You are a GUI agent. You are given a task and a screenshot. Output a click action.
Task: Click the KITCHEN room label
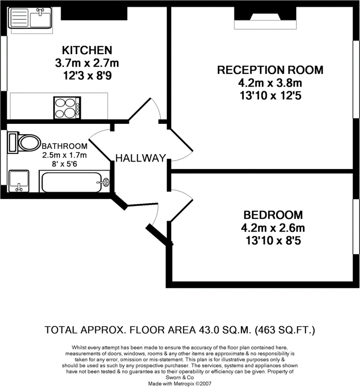coord(87,50)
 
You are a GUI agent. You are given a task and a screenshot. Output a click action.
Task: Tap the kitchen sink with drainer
coord(30,18)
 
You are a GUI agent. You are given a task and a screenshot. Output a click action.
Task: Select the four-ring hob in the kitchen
coord(67,108)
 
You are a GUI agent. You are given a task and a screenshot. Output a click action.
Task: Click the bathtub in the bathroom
coord(74,182)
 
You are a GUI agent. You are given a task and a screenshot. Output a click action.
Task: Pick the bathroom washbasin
coord(19,181)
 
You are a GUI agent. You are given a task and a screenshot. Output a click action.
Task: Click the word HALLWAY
coord(141,158)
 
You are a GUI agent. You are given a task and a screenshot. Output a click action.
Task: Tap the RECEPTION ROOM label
coord(270,70)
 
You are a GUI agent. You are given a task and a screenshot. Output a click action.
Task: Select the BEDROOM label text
coord(273,215)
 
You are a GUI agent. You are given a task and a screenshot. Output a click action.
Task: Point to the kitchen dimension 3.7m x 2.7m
coord(87,63)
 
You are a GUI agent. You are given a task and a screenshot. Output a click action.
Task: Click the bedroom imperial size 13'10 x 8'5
coord(273,240)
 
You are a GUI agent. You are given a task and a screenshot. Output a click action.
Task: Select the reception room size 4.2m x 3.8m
coord(270,83)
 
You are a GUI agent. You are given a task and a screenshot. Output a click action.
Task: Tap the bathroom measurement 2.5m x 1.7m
coord(64,155)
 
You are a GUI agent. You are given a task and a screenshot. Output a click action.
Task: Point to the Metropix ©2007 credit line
coord(180,384)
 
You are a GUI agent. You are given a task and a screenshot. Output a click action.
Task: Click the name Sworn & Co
coord(180,377)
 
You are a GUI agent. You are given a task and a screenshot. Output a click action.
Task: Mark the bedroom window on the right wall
coord(356,226)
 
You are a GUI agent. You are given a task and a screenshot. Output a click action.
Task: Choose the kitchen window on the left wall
coord(3,63)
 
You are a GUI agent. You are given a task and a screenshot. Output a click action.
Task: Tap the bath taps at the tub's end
coord(105,182)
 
